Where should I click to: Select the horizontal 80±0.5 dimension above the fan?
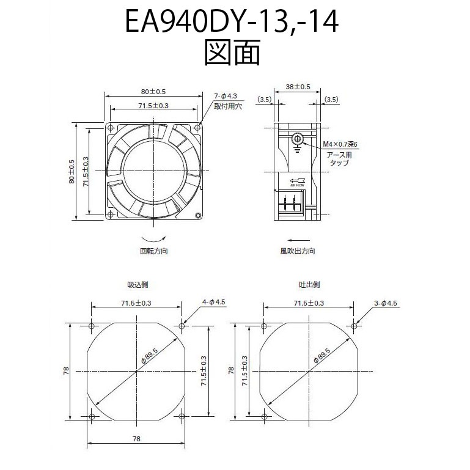(x=153, y=92)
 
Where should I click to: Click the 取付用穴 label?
(x=227, y=106)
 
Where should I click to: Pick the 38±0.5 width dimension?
(x=298, y=87)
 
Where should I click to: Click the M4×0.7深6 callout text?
(x=339, y=145)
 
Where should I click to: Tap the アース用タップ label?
(x=339, y=159)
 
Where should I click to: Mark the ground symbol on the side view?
(x=297, y=142)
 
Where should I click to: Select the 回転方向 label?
(x=153, y=251)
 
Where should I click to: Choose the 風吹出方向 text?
(x=298, y=251)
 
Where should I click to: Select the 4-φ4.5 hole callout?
(x=213, y=302)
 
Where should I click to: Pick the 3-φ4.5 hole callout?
(x=386, y=303)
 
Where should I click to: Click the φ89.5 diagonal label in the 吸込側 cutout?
(x=150, y=356)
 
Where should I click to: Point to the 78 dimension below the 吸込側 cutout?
(x=136, y=439)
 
